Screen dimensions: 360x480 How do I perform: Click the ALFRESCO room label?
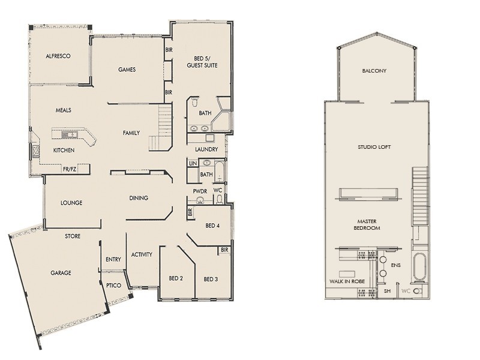pos(58,56)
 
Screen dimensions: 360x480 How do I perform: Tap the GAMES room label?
pos(127,70)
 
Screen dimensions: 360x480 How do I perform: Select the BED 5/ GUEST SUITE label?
pos(202,61)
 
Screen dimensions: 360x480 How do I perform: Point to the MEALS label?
pos(64,111)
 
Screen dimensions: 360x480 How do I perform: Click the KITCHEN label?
pos(64,150)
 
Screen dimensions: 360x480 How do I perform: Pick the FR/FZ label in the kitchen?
pos(70,170)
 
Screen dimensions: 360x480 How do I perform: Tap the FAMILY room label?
pos(131,133)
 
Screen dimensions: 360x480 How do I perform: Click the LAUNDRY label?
pos(206,149)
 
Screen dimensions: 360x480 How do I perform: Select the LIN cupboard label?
pos(193,163)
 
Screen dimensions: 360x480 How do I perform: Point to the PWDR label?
pos(200,191)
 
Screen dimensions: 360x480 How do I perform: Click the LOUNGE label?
pos(71,203)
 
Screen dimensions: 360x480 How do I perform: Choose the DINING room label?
pos(139,198)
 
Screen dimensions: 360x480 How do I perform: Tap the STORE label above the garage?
pos(73,236)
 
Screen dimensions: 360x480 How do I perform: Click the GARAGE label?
pos(61,273)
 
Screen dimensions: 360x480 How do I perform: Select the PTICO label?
pos(114,286)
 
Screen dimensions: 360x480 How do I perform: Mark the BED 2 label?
pos(176,278)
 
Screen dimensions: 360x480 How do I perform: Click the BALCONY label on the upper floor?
pos(374,71)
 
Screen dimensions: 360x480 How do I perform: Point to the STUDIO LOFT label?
pos(374,146)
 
